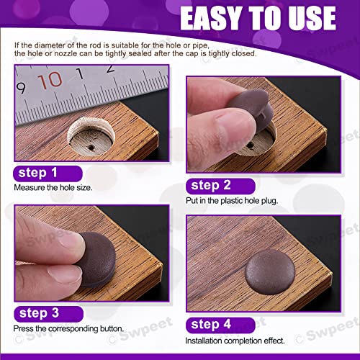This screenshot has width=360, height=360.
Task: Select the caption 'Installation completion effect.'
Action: tap(235, 340)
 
